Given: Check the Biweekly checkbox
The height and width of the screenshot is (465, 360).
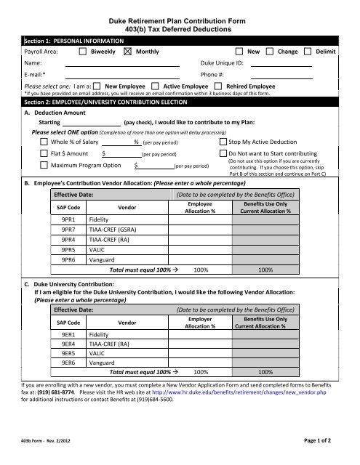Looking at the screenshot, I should point(82,52).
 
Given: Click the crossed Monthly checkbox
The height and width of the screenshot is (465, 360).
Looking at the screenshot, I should point(128,52).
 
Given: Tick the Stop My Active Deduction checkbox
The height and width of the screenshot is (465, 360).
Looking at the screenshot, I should point(223,142).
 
